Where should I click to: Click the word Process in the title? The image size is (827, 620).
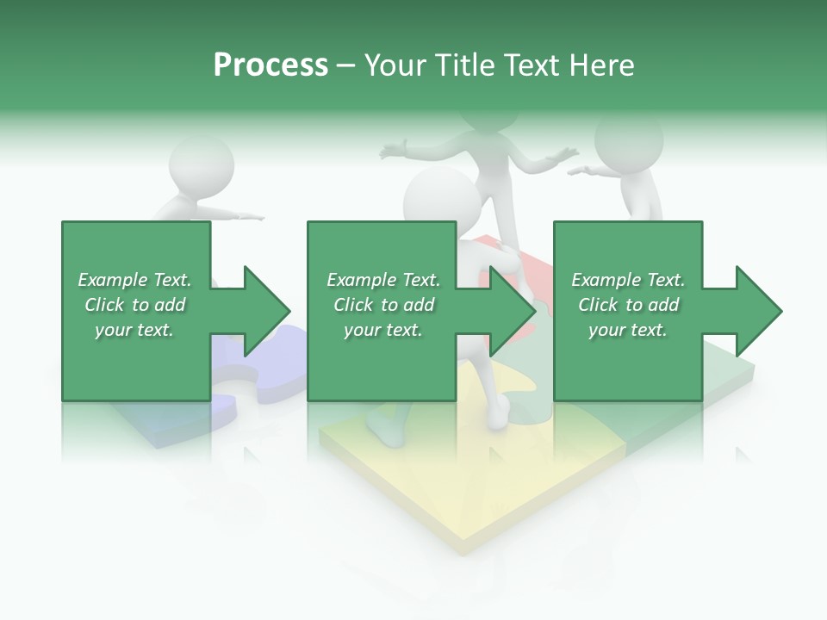pyautogui.click(x=270, y=65)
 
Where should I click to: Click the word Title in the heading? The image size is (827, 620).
pyautogui.click(x=465, y=65)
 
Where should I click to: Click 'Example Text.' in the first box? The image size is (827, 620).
pyautogui.click(x=134, y=280)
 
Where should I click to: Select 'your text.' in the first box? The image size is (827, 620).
pyautogui.click(x=134, y=330)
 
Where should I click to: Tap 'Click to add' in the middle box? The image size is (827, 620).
pyautogui.click(x=383, y=305)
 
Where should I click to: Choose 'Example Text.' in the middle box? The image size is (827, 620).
pyautogui.click(x=383, y=280)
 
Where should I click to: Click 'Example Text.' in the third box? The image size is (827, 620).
pyautogui.click(x=628, y=280)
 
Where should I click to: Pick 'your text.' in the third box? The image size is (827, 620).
pyautogui.click(x=628, y=330)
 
